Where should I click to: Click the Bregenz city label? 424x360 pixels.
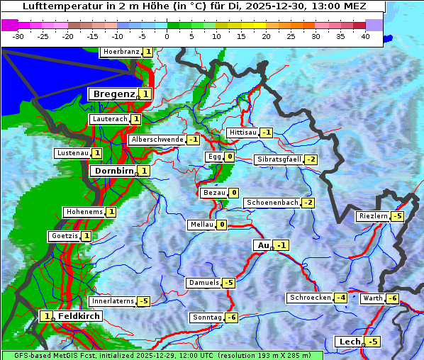pyautogui.click(x=113, y=94)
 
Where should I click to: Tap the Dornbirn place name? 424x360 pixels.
pyautogui.click(x=113, y=171)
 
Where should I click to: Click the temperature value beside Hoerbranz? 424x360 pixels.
pyautogui.click(x=147, y=52)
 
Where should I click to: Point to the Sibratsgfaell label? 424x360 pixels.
pyautogui.click(x=279, y=159)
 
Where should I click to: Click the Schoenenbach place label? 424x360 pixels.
pyautogui.click(x=272, y=203)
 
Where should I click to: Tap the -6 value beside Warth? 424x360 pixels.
pyautogui.click(x=392, y=298)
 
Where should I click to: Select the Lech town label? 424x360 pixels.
pyautogui.click(x=350, y=342)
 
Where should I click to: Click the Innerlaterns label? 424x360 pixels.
pyautogui.click(x=113, y=301)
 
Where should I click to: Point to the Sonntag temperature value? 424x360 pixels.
pyautogui.click(x=231, y=317)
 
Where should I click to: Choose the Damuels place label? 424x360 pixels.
pyautogui.click(x=203, y=283)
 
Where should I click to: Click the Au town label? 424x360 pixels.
pyautogui.click(x=262, y=245)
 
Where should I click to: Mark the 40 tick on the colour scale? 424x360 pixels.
pyautogui.click(x=365, y=36)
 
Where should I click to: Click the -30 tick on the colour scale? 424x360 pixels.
pyautogui.click(x=18, y=36)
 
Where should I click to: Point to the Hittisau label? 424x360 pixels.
pyautogui.click(x=242, y=133)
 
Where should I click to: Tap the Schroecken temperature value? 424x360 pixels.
pyautogui.click(x=340, y=298)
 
